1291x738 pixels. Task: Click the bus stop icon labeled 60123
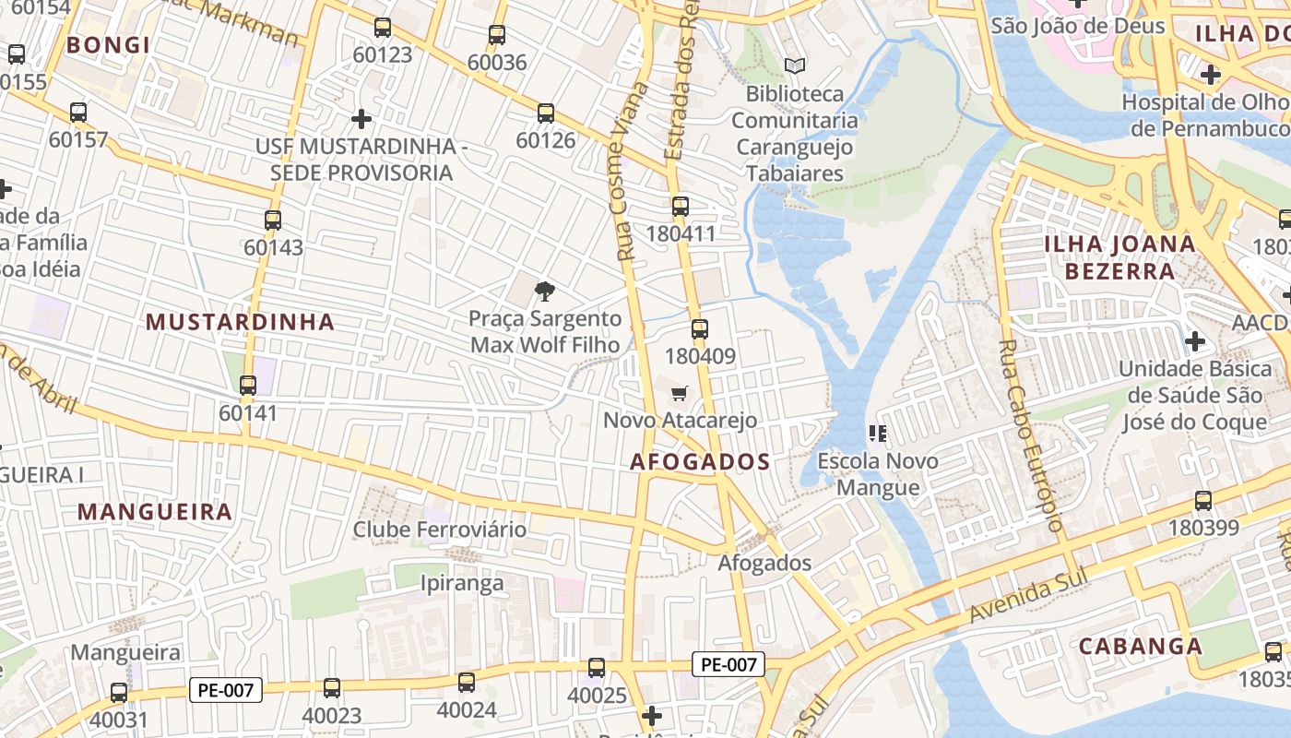coord(383,28)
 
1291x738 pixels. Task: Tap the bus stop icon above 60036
coord(497,35)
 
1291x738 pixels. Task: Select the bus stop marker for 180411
coord(681,207)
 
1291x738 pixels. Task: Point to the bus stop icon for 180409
coord(700,328)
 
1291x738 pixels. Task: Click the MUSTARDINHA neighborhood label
coord(240,322)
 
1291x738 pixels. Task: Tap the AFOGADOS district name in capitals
coord(700,462)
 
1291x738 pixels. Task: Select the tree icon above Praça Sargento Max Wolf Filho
coord(545,292)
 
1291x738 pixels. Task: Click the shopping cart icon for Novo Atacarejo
coord(680,394)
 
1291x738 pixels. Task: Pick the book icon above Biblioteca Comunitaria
coord(794,65)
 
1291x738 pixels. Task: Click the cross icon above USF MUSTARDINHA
coord(361,119)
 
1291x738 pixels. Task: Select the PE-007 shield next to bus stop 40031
coord(226,689)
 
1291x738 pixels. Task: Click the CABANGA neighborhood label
coord(1141,646)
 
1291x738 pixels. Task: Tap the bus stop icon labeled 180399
coord(1203,501)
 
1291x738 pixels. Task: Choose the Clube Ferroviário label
coord(440,530)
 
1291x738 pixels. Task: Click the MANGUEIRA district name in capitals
coord(155,512)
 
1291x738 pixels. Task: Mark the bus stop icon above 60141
coord(248,386)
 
